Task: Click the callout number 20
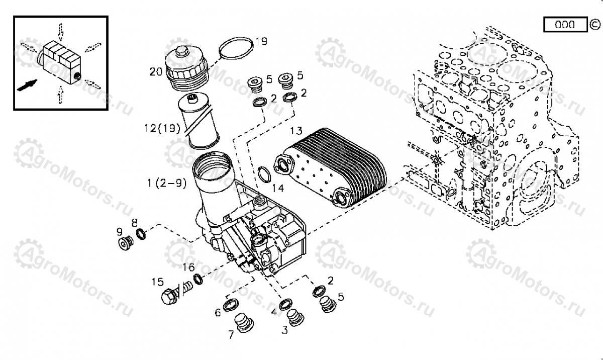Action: point(155,72)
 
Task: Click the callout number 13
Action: point(296,131)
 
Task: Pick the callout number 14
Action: point(277,189)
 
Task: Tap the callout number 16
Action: point(188,266)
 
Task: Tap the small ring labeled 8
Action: point(141,233)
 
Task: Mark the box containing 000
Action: point(565,24)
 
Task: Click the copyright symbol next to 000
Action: point(594,24)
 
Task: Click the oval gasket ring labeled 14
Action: point(263,174)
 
